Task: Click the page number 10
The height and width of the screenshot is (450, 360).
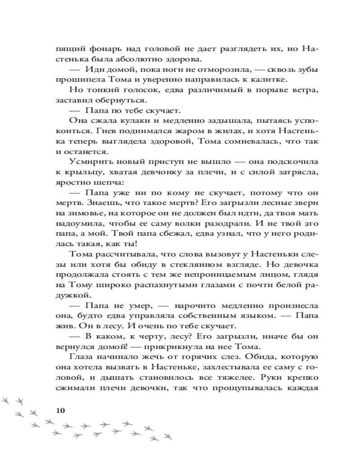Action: pos(59,410)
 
